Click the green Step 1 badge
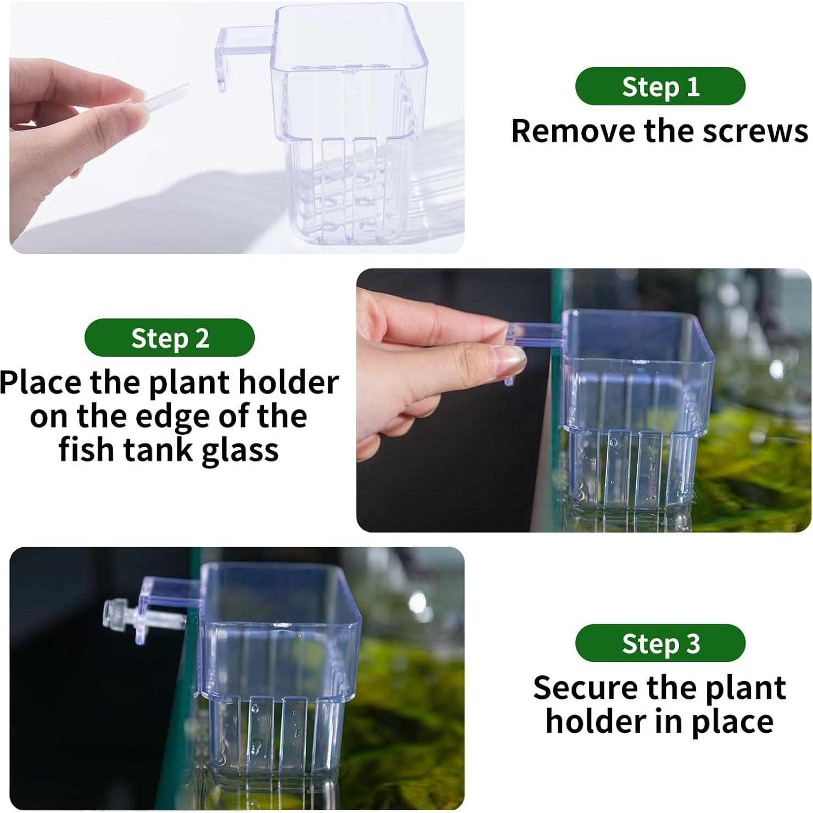click(660, 86)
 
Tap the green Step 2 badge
click(169, 338)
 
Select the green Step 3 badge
click(660, 643)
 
